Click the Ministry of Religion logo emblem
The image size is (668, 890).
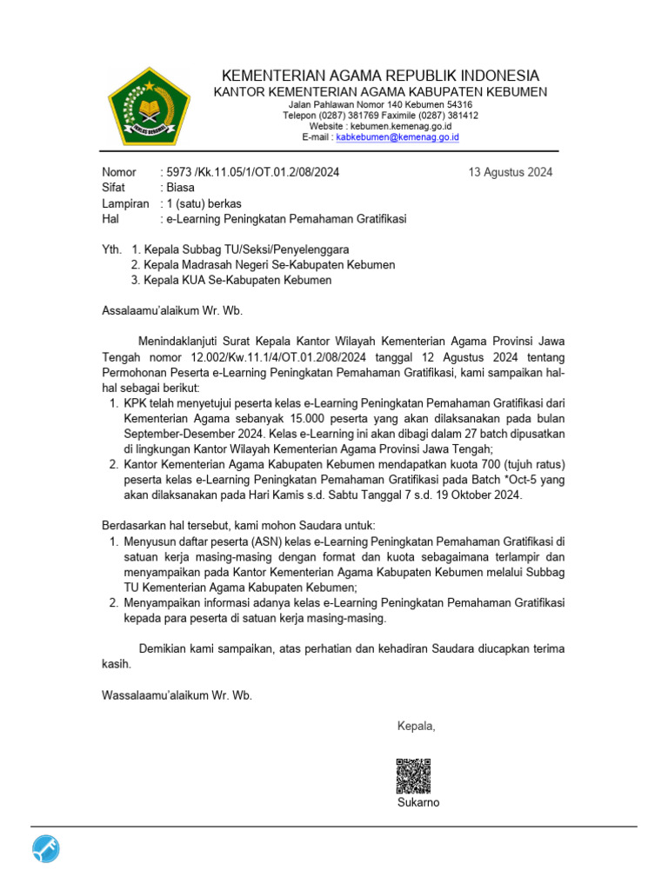(x=148, y=106)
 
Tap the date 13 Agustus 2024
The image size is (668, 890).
(x=511, y=172)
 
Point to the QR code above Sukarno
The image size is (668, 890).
(x=413, y=776)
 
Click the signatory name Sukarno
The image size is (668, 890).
(x=418, y=802)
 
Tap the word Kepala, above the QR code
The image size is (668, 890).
(x=416, y=727)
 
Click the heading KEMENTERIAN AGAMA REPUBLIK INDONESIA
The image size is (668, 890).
(x=381, y=76)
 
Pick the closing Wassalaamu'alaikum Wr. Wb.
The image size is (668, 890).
(x=177, y=695)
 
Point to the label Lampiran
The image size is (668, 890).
(x=126, y=203)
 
